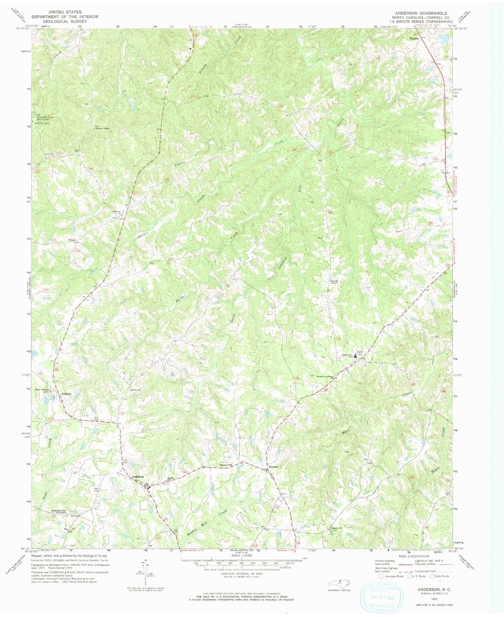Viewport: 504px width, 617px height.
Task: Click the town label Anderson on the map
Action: click(x=138, y=477)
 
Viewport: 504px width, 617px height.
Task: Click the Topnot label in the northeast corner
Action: click(x=414, y=38)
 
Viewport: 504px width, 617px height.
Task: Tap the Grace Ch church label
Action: click(x=135, y=390)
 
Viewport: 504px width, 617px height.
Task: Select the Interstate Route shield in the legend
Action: click(x=381, y=576)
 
